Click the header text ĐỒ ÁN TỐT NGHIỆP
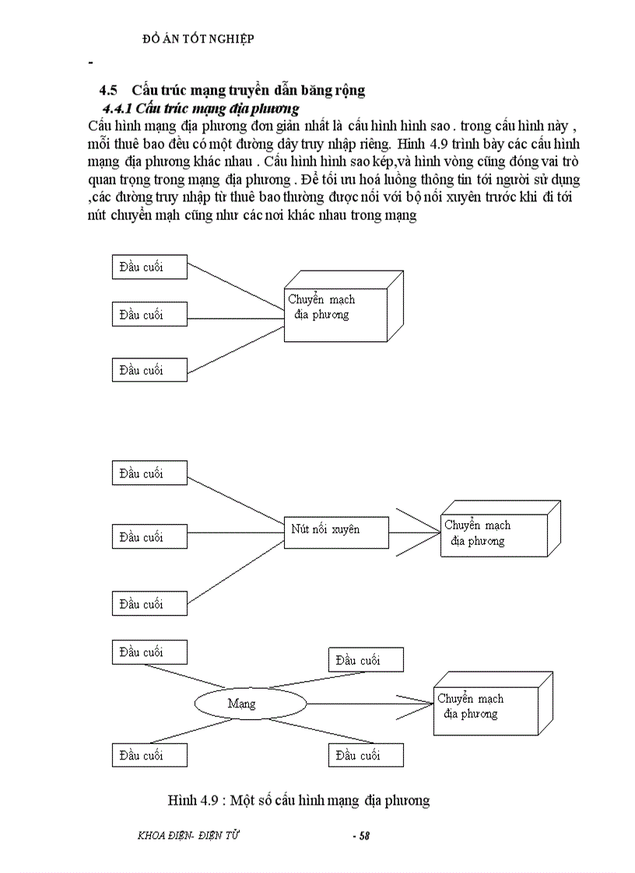click(x=199, y=38)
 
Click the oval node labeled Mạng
click(x=249, y=704)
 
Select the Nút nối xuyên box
click(x=335, y=531)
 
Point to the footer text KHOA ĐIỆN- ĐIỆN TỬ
click(x=188, y=836)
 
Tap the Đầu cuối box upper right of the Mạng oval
click(x=366, y=660)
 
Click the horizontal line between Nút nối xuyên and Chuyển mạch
click(x=414, y=533)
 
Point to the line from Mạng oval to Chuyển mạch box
click(x=370, y=704)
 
